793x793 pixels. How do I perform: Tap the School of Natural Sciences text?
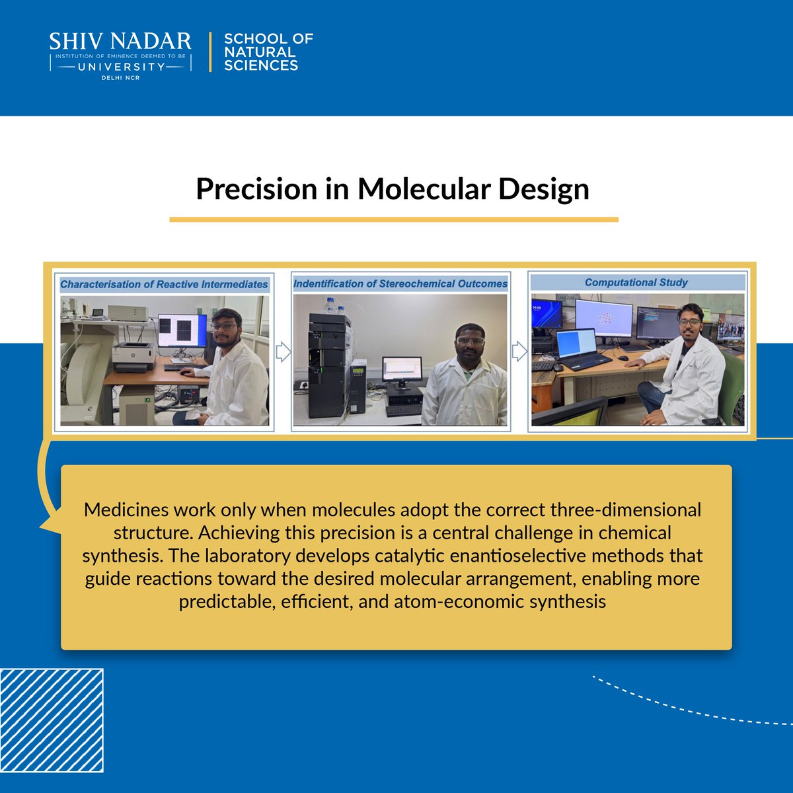268,52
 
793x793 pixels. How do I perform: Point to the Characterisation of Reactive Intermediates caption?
164,285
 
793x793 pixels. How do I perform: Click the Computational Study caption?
636,283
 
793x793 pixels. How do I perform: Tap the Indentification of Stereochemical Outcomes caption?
400,283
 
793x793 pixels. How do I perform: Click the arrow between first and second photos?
283,352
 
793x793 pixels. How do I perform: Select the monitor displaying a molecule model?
603,321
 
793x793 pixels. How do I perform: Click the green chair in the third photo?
730,390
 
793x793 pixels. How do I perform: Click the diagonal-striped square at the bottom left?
52,720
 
